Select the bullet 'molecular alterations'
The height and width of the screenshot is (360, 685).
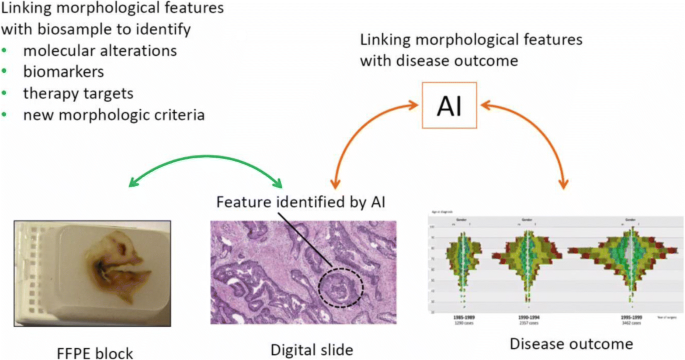click(102, 51)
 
